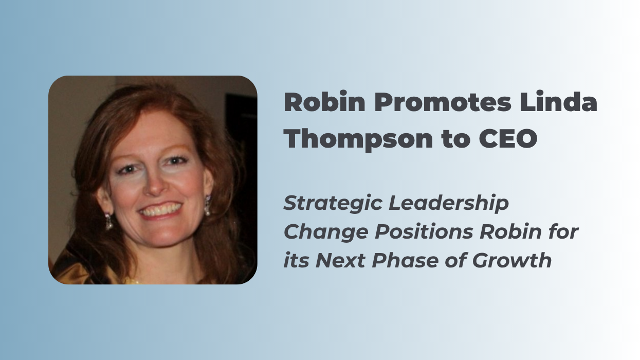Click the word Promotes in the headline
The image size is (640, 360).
pyautogui.click(x=443, y=102)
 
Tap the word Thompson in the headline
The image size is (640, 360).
pyautogui.click(x=358, y=139)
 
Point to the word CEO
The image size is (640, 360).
pyautogui.click(x=508, y=138)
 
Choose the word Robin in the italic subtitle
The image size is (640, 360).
pyautogui.click(x=510, y=231)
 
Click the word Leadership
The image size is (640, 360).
pyautogui.click(x=449, y=204)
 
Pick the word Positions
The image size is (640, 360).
pyautogui.click(x=424, y=232)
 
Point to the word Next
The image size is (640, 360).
pyautogui.click(x=340, y=261)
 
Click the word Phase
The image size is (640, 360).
pyautogui.click(x=405, y=260)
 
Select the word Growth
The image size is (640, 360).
pyautogui.click(x=512, y=260)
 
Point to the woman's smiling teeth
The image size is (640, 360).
pyautogui.click(x=160, y=210)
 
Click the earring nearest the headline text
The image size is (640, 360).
pyautogui.click(x=208, y=205)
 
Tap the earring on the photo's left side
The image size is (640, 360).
pyautogui.click(x=108, y=221)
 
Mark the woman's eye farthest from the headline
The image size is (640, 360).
pyautogui.click(x=127, y=170)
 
